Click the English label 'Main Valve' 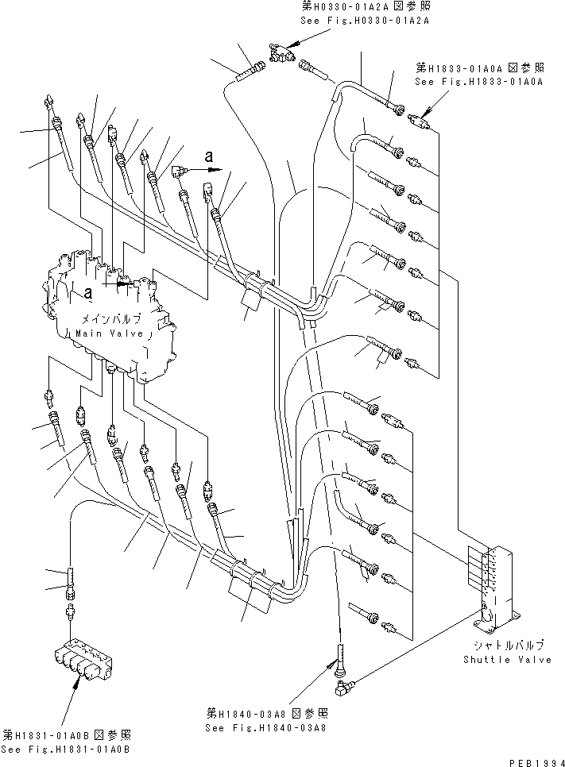(110, 333)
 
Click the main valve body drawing (111, 318)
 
